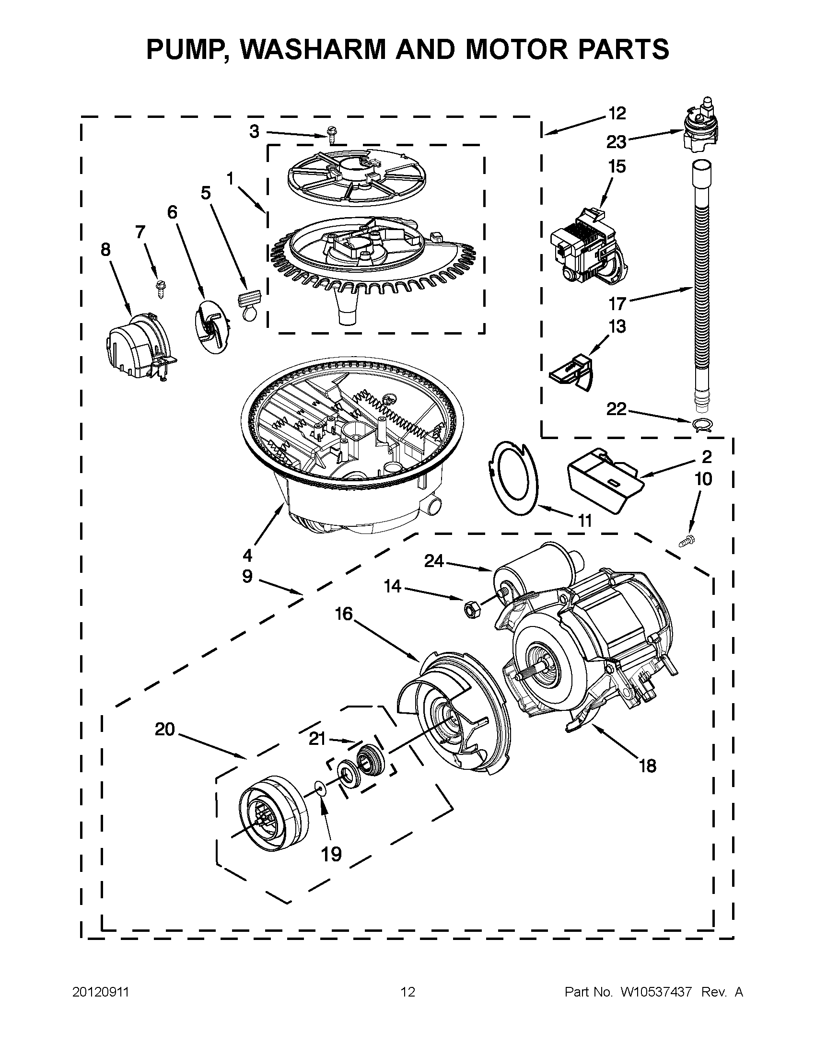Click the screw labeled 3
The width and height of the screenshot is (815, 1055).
[x=331, y=134]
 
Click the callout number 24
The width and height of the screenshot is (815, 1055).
[x=433, y=561]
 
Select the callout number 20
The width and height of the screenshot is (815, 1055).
[x=164, y=729]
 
